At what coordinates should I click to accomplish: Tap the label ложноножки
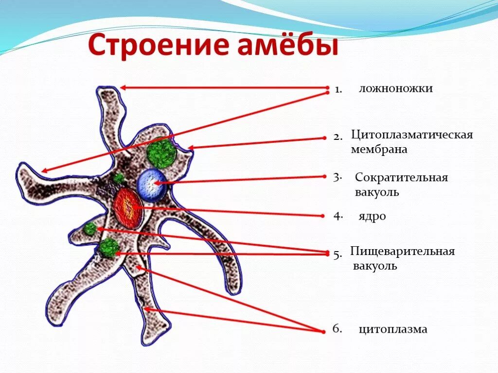(x=395, y=88)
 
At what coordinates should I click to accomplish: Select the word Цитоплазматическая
(x=412, y=135)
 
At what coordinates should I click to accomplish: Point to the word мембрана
(x=379, y=150)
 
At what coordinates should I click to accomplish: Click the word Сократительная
(x=401, y=177)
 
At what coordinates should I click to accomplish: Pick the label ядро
(x=373, y=217)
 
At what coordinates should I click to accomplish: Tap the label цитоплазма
(x=393, y=329)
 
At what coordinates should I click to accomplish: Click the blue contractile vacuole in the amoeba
(x=151, y=185)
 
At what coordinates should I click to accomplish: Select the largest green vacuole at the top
(x=161, y=153)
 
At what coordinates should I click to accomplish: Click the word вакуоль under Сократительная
(x=377, y=192)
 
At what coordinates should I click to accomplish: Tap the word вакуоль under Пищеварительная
(x=375, y=266)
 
